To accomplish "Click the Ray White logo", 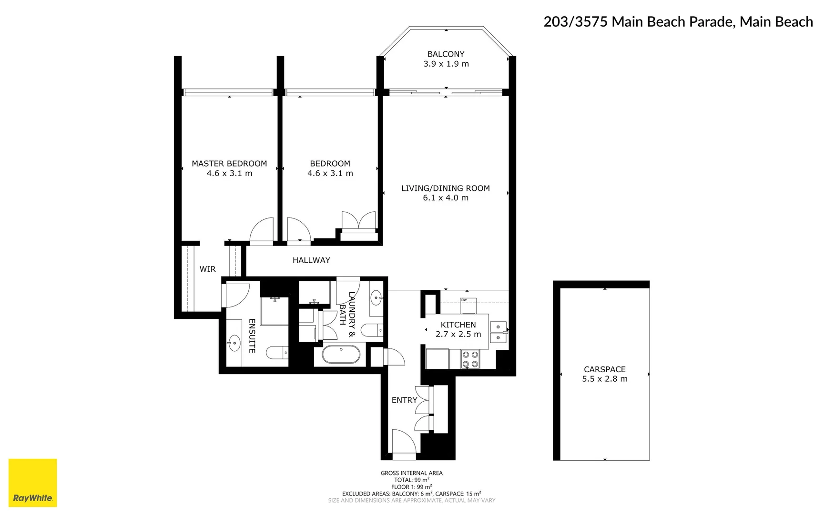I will pyautogui.click(x=32, y=483).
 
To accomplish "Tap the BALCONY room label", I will pyautogui.click(x=446, y=54).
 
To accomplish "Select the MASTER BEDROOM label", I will pyautogui.click(x=229, y=164).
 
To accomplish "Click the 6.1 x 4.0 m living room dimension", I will pyautogui.click(x=446, y=198).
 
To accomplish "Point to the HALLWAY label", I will pyautogui.click(x=311, y=260).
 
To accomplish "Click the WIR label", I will pyautogui.click(x=207, y=269).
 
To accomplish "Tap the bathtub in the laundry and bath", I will pyautogui.click(x=341, y=355).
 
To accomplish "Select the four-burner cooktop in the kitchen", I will pyautogui.click(x=470, y=359).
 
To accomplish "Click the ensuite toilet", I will pyautogui.click(x=277, y=353).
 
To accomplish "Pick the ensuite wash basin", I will pyautogui.click(x=234, y=342).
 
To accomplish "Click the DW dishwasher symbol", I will pyautogui.click(x=464, y=300).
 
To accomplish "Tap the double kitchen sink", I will pyautogui.click(x=498, y=332).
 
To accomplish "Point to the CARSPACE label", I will pyautogui.click(x=604, y=369).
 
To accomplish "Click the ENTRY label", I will pyautogui.click(x=404, y=400).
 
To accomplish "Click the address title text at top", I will pyautogui.click(x=678, y=22).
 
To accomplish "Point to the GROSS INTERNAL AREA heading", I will pyautogui.click(x=411, y=473).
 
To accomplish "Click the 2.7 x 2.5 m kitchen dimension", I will pyautogui.click(x=458, y=335).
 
